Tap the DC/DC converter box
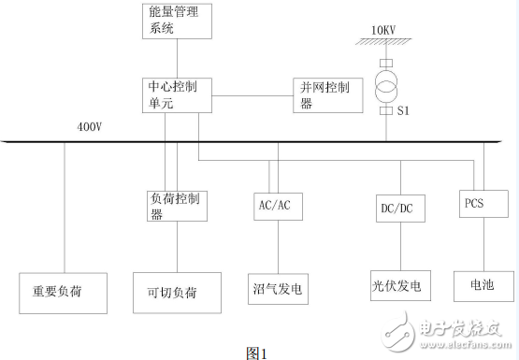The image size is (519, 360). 393,208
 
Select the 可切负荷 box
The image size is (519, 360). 179,292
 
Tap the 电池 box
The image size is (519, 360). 480,284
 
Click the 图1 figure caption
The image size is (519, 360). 256,353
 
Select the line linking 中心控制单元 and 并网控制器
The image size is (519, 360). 252,95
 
